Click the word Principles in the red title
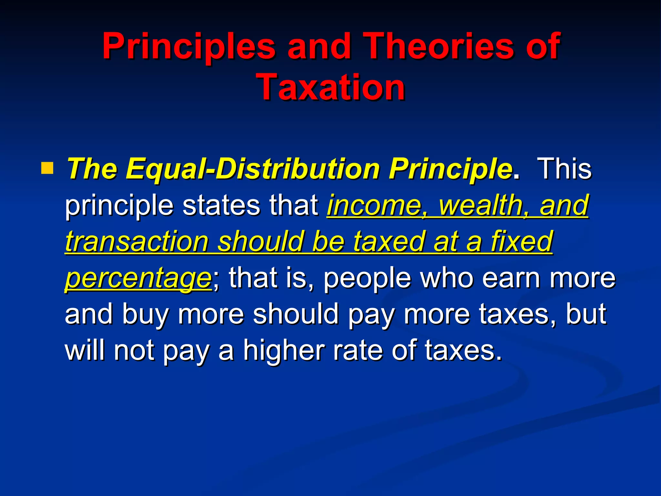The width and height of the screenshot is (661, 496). coord(189,47)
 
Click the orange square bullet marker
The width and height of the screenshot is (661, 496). coord(47,168)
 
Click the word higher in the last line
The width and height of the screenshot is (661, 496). coord(284,350)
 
